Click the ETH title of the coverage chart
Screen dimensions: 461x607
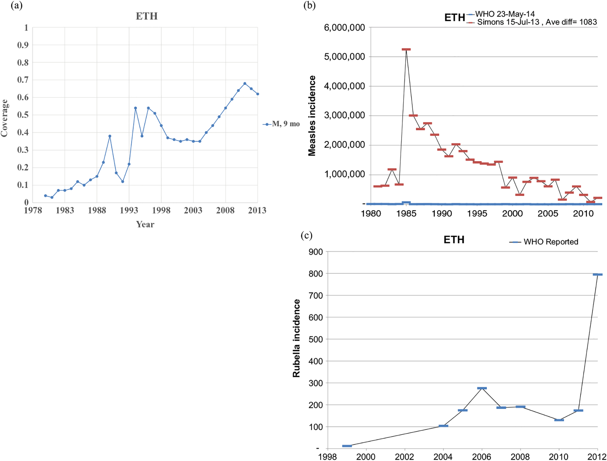point(146,16)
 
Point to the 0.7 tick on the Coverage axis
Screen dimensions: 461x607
point(23,80)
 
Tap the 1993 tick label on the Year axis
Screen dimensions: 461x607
point(129,210)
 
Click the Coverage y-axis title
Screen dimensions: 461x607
point(4,118)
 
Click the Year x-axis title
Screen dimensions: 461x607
point(145,225)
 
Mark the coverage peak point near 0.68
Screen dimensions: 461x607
point(245,84)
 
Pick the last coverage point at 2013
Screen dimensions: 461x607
point(258,94)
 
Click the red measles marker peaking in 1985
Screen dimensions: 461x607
point(406,49)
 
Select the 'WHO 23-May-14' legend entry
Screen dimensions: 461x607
point(505,14)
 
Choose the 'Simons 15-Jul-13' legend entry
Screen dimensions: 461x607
point(508,22)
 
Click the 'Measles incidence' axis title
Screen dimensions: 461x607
point(312,116)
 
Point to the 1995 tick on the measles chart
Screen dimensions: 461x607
point(477,214)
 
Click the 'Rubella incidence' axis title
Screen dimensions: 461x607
point(296,338)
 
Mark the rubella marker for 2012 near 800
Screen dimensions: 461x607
point(598,275)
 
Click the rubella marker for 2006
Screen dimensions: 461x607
point(482,388)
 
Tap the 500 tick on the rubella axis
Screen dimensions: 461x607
point(316,340)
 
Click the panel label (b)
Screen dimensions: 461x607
point(309,6)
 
